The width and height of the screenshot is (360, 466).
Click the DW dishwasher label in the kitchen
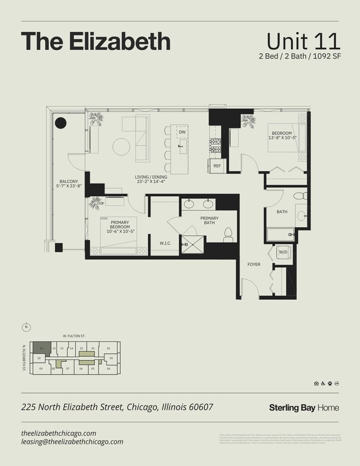pos(182,132)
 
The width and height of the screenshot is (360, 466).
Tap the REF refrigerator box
pos(217,166)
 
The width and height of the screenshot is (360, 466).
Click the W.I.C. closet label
pos(164,243)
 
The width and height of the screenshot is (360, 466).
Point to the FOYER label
pos(254,264)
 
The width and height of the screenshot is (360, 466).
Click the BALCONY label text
pos(68,181)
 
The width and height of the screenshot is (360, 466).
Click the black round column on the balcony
pos(60,123)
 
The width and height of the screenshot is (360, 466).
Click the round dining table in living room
pos(121,147)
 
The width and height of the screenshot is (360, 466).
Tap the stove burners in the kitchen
pos(215,145)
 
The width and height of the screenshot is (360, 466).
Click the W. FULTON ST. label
pos(74,336)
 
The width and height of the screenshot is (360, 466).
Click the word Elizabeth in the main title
pos(114,42)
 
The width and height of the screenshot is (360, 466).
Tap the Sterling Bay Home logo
pos(304,408)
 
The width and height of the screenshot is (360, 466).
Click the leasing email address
pos(72,442)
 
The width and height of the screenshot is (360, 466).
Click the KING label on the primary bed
pos(104,219)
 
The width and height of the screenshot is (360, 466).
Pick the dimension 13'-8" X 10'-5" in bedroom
pos(283,137)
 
